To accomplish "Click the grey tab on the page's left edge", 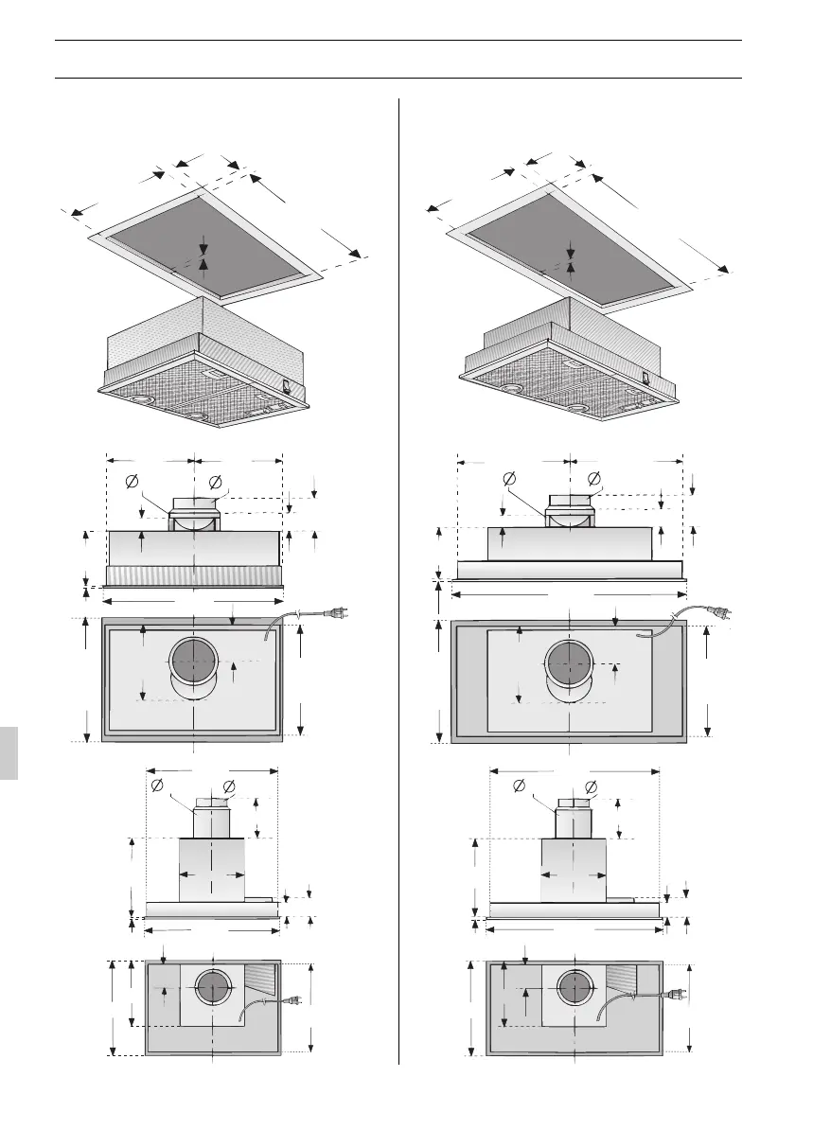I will click(9, 752).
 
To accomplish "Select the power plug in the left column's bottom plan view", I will click(293, 998).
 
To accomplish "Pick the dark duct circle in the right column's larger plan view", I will click(569, 664).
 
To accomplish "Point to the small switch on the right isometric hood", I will click(645, 376).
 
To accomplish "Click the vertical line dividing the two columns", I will click(398, 568).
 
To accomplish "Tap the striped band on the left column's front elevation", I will click(194, 575).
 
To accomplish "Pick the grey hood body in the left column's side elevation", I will click(212, 871).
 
